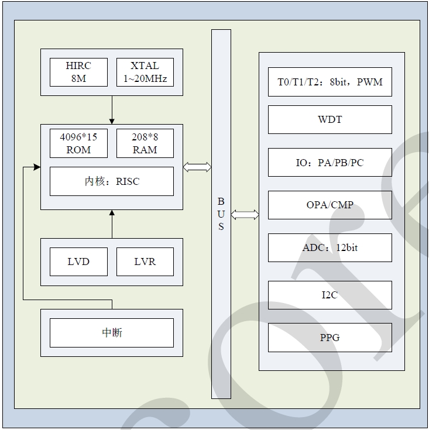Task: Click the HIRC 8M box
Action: click(78, 72)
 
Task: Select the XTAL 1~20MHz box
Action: click(145, 72)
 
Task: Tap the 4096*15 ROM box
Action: click(78, 143)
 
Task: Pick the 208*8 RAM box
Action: click(145, 143)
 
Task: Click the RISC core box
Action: click(112, 181)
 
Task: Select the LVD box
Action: click(78, 262)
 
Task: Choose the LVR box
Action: click(145, 262)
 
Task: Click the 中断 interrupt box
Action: click(112, 333)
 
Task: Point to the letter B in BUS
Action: click(221, 201)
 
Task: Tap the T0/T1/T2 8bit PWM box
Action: click(330, 82)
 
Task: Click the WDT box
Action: click(330, 120)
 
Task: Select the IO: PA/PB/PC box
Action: click(330, 163)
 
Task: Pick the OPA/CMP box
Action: click(330, 205)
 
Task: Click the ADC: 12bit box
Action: click(330, 247)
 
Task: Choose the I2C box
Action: click(330, 295)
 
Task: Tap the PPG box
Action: click(330, 338)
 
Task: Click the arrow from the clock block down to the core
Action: click(112, 109)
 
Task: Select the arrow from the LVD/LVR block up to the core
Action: click(112, 224)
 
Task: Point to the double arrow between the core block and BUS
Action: click(197, 167)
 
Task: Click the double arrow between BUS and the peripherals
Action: click(245, 215)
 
